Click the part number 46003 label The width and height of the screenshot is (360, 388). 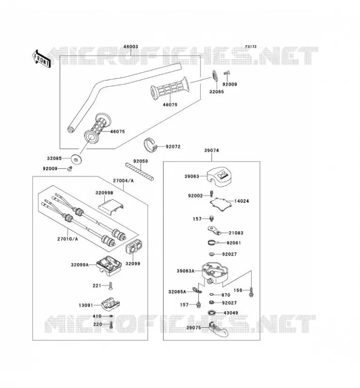click(131, 47)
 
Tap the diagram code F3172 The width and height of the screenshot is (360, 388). click(251, 47)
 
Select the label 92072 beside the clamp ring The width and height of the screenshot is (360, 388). click(173, 146)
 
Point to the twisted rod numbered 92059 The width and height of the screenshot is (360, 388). click(139, 171)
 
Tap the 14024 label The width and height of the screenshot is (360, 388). click(242, 201)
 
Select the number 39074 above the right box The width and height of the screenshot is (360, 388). click(212, 150)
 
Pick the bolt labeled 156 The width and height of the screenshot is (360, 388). click(251, 292)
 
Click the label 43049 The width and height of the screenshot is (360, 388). click(231, 313)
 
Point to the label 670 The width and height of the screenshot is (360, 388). click(226, 295)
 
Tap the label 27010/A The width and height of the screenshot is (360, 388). click(67, 239)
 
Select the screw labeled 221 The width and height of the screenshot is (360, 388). click(111, 286)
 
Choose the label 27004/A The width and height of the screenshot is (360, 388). click(123, 180)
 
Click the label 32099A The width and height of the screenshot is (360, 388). click(80, 264)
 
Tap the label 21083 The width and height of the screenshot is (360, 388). click(236, 233)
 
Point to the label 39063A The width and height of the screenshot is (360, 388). click(185, 271)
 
